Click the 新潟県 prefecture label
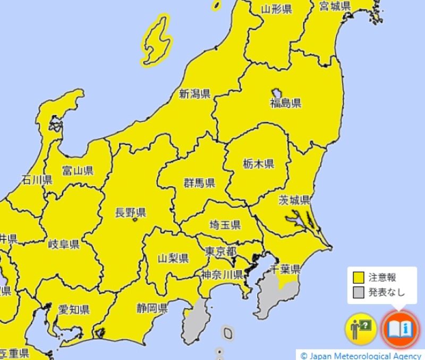(194, 95)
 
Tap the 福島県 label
(285, 103)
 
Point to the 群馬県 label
(199, 183)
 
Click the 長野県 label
(131, 213)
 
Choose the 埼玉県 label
(225, 225)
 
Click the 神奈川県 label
(222, 274)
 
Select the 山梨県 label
(173, 259)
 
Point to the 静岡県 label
(152, 307)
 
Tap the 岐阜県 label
(64, 245)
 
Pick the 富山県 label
(78, 171)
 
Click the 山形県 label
(277, 9)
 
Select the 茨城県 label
(294, 200)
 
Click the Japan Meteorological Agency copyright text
(361, 355)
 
